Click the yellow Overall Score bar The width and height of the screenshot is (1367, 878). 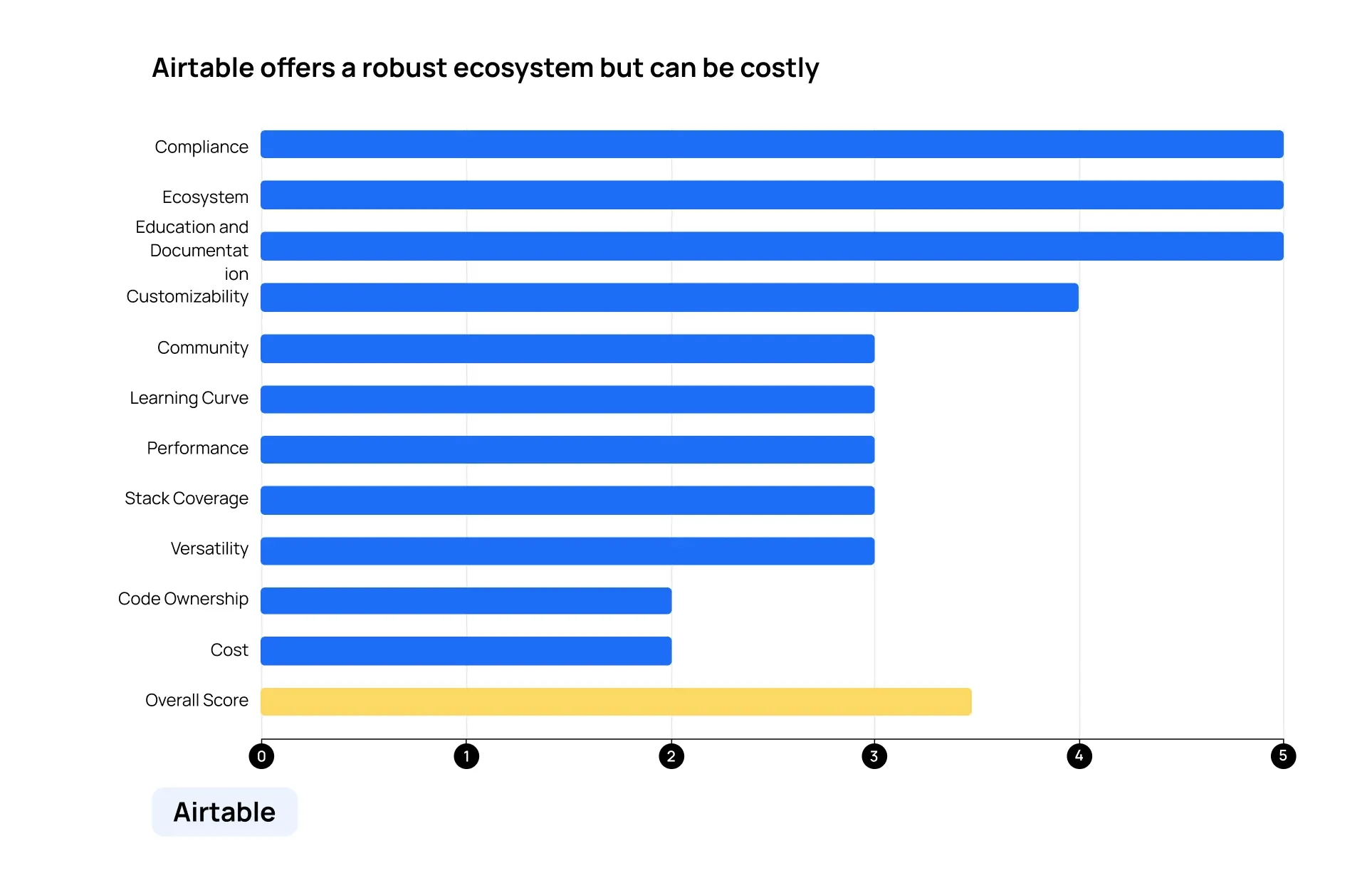pyautogui.click(x=616, y=701)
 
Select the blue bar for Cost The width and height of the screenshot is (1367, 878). pyautogui.click(x=466, y=651)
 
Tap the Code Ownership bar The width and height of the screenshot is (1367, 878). pyautogui.click(x=466, y=600)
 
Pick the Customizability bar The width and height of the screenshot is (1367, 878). pyautogui.click(x=669, y=297)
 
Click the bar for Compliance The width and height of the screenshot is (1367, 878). pyautogui.click(x=772, y=144)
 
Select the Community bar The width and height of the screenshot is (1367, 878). pyautogui.click(x=567, y=348)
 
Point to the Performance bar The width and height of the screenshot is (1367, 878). pyautogui.click(x=567, y=449)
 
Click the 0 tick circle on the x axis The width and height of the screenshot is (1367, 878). pyautogui.click(x=261, y=756)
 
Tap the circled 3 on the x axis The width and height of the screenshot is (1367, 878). pyautogui.click(x=874, y=756)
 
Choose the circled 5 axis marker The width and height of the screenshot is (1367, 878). pyautogui.click(x=1283, y=756)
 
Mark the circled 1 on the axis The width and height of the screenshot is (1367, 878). pyautogui.click(x=466, y=756)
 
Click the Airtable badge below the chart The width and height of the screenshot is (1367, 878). pyautogui.click(x=224, y=812)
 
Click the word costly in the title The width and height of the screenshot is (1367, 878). pyautogui.click(x=780, y=68)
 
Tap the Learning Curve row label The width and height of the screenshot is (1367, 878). pyautogui.click(x=189, y=398)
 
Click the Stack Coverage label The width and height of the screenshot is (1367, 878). pyautogui.click(x=187, y=498)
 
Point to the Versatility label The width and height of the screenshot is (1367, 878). pyautogui.click(x=209, y=548)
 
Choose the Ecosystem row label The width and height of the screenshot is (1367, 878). pyautogui.click(x=205, y=197)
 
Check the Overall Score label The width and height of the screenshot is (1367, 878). pyautogui.click(x=197, y=700)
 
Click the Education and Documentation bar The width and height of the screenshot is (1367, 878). pyautogui.click(x=772, y=246)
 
